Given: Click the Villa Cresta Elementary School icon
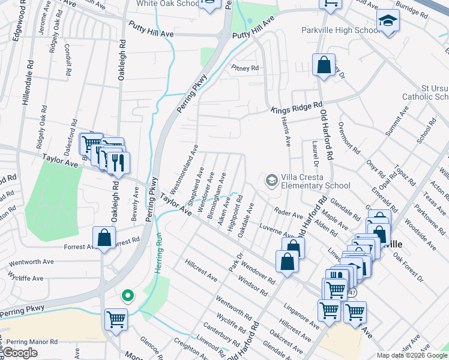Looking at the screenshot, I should [272, 180].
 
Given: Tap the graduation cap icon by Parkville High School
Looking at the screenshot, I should [388, 23].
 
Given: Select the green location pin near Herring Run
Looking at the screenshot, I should [127, 295].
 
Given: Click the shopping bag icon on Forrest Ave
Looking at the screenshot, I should [104, 239].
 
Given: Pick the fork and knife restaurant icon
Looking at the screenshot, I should [118, 163].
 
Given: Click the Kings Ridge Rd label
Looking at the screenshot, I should [293, 109].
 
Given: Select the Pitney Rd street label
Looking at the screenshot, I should [246, 68].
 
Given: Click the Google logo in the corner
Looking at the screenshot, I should [20, 353].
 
